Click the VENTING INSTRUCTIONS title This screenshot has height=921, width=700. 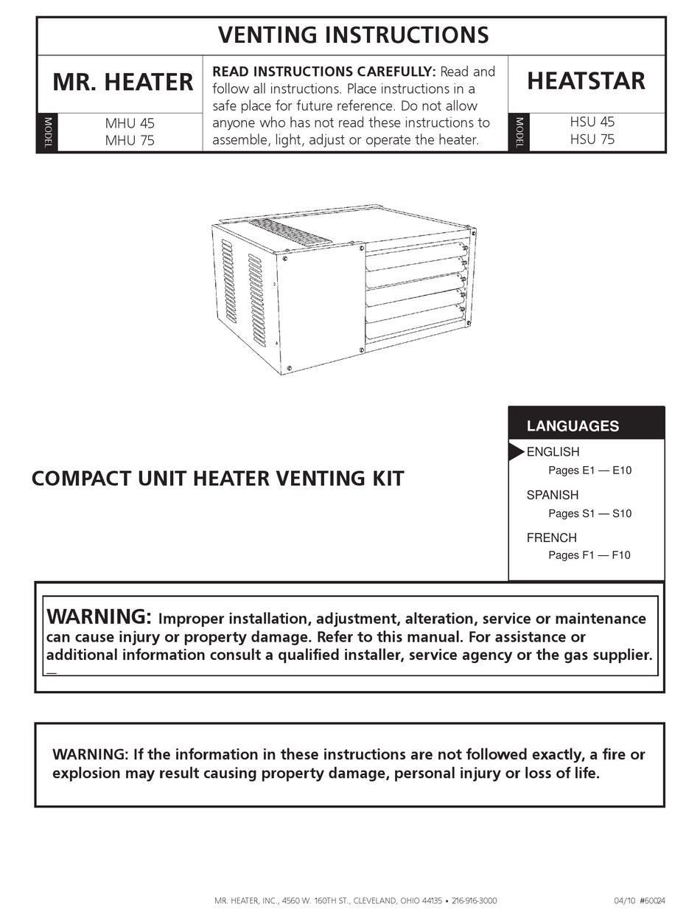pyautogui.click(x=353, y=35)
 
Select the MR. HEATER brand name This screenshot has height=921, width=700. pyautogui.click(x=123, y=82)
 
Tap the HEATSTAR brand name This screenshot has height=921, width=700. pyautogui.click(x=587, y=81)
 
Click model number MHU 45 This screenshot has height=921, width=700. pyautogui.click(x=130, y=124)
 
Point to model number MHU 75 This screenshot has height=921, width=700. pyautogui.click(x=130, y=140)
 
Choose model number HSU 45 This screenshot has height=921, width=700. pyautogui.click(x=592, y=122)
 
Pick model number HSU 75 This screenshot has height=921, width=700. pyautogui.click(x=592, y=139)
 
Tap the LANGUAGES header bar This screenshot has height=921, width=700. pyautogui.click(x=587, y=425)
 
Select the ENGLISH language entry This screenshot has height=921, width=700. pyautogui.click(x=553, y=452)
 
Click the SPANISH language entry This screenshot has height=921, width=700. pyautogui.click(x=553, y=495)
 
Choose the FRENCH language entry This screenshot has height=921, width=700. pyautogui.click(x=551, y=538)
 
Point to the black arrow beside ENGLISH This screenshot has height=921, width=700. pyautogui.click(x=517, y=452)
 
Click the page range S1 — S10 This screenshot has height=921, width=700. pyautogui.click(x=589, y=513)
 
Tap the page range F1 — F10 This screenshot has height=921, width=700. pyautogui.click(x=589, y=555)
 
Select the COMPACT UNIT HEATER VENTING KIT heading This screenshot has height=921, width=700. pyautogui.click(x=218, y=479)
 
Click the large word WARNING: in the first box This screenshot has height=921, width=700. pyautogui.click(x=99, y=616)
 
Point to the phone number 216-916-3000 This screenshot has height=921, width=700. pyautogui.click(x=474, y=901)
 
